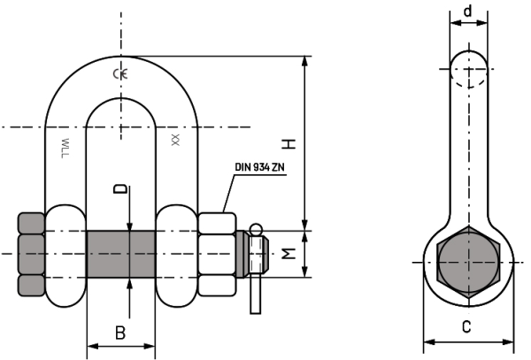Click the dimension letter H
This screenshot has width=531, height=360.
point(289,144)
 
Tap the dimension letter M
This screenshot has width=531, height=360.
point(289,254)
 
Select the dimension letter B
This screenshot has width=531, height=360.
point(120,333)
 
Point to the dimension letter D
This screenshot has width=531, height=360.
point(120,188)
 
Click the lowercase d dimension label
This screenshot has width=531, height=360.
point(467,11)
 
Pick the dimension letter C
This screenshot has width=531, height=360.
point(466,327)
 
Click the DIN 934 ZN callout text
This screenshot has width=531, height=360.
point(259,167)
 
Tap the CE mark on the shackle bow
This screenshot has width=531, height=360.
point(120,73)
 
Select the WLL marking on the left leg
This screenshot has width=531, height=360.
point(65,148)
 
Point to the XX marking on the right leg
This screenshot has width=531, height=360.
point(175,140)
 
